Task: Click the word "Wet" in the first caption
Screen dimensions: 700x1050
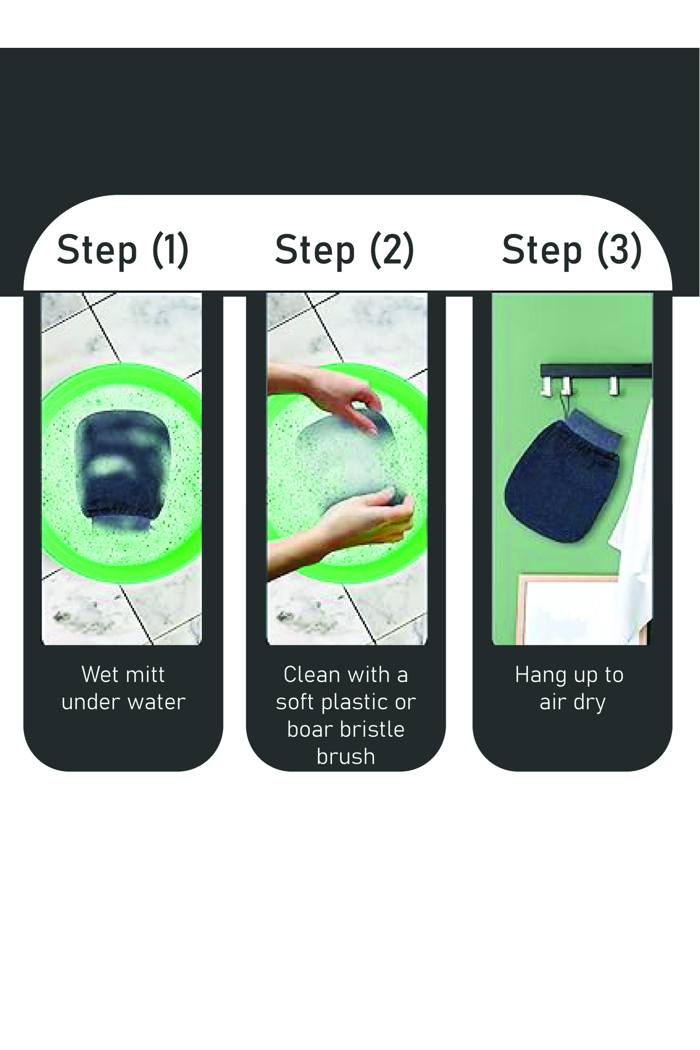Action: (97, 674)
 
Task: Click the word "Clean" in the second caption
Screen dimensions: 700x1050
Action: (311, 674)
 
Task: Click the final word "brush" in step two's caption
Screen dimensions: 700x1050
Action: (345, 756)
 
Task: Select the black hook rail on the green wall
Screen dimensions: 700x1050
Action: (596, 370)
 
